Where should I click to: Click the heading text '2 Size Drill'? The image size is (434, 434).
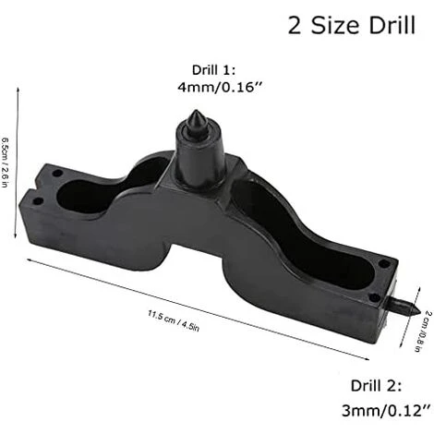(x=352, y=25)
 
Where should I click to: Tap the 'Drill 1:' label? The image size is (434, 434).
(x=213, y=70)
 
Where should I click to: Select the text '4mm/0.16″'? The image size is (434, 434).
(x=220, y=88)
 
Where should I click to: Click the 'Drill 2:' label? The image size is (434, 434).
(x=376, y=386)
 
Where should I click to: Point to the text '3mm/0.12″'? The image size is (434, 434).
(x=386, y=411)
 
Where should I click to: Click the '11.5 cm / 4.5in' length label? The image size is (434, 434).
(x=174, y=321)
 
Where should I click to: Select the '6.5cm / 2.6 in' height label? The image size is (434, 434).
(x=5, y=163)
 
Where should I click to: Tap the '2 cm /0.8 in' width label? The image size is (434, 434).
(x=425, y=331)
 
